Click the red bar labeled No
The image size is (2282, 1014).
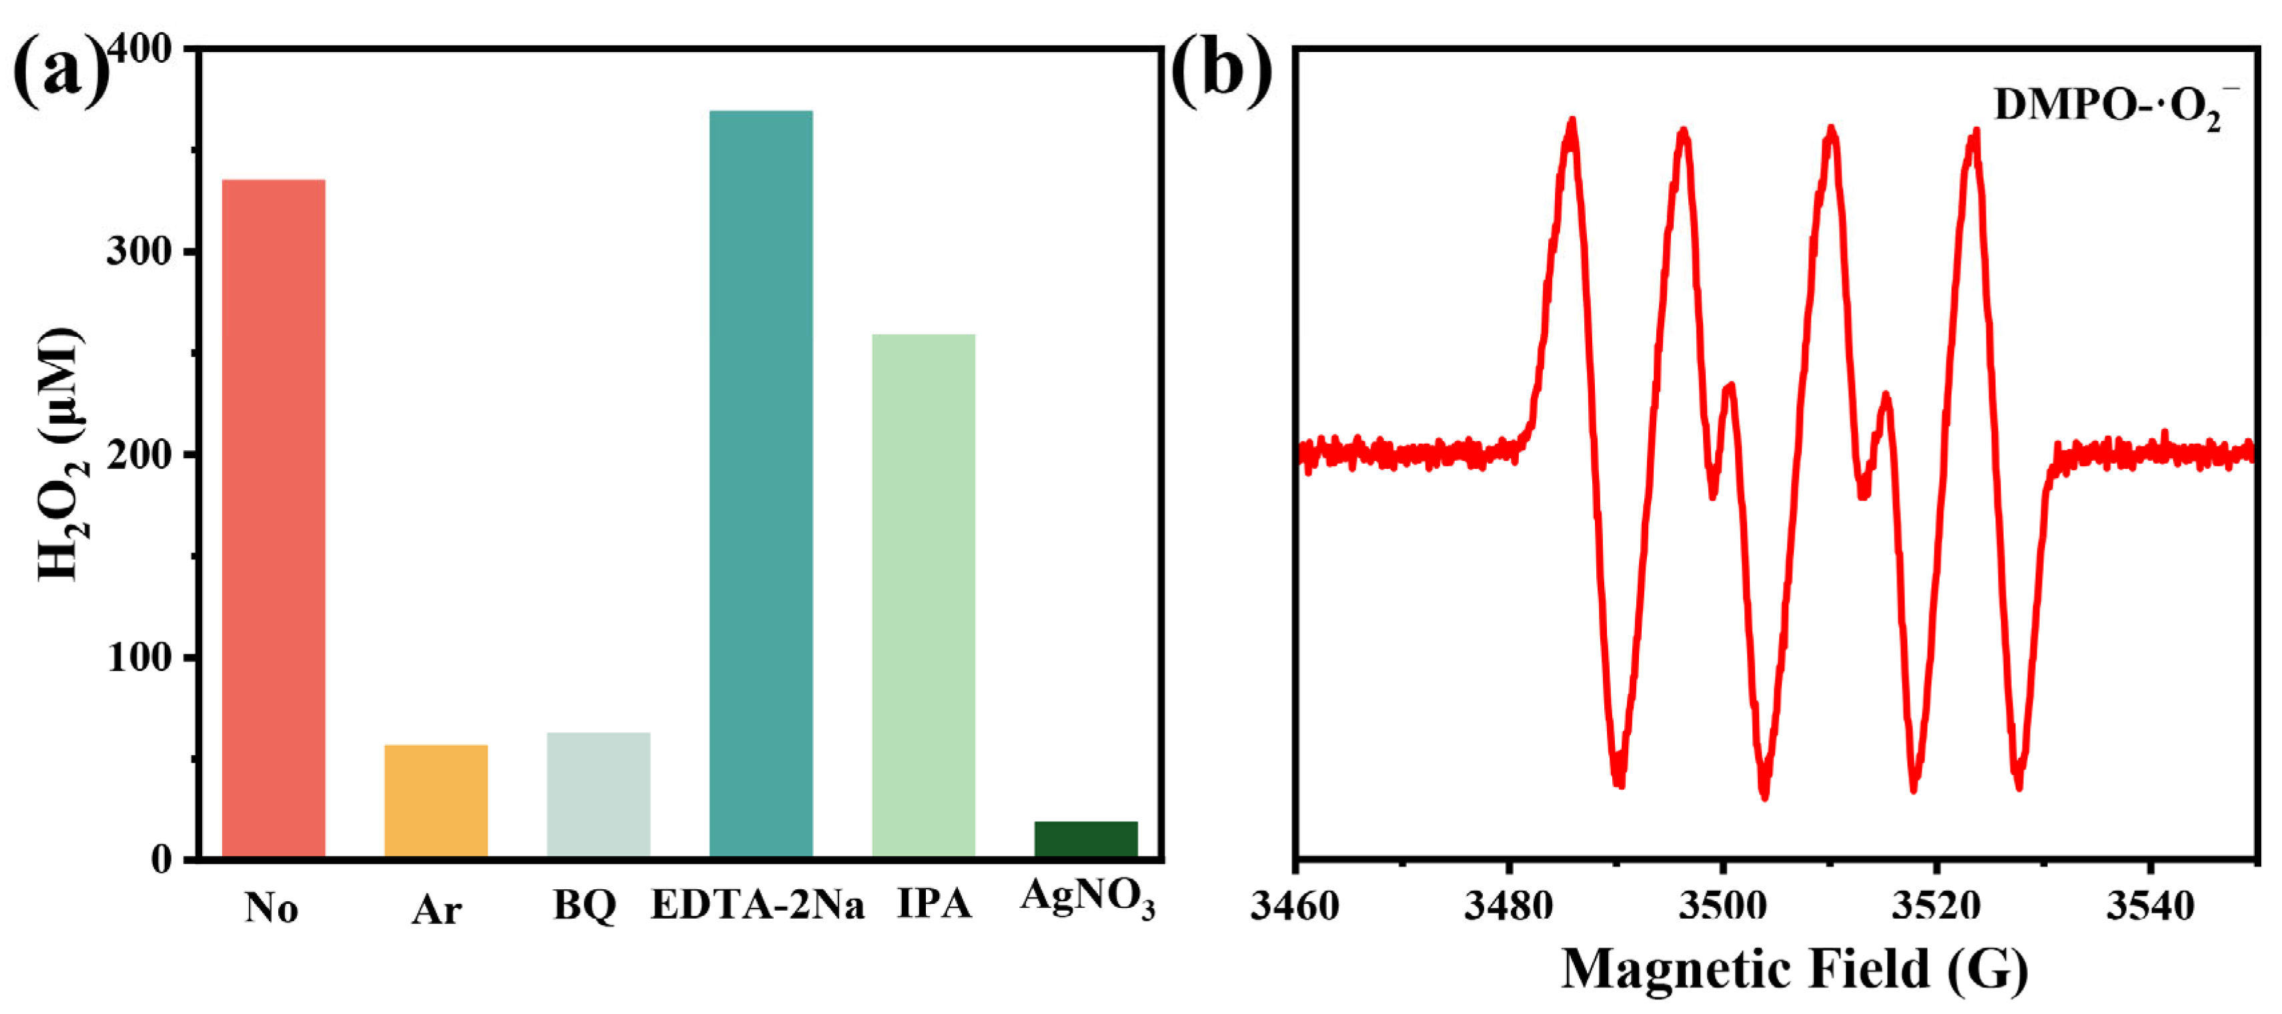273,518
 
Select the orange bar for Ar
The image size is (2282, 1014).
436,801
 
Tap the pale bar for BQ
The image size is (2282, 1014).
598,795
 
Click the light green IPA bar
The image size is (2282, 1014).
923,595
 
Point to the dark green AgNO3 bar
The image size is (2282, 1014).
1085,839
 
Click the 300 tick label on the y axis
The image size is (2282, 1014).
138,251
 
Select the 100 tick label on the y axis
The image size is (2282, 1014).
138,657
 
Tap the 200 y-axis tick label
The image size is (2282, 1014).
138,454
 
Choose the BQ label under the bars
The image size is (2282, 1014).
584,905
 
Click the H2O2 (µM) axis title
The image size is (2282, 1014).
60,454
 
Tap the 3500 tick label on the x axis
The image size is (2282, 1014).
1722,905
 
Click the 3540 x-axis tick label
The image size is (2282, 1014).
2150,905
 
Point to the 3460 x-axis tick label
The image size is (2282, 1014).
1295,905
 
